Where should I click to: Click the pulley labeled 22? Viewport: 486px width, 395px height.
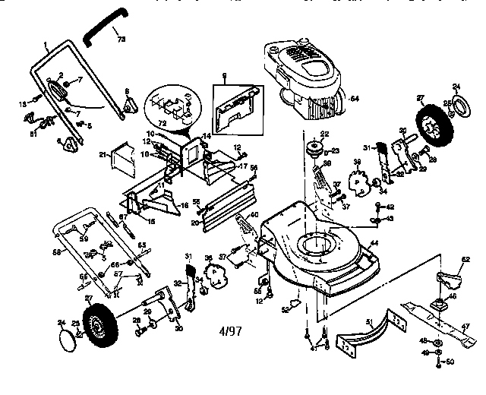pos(312,148)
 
